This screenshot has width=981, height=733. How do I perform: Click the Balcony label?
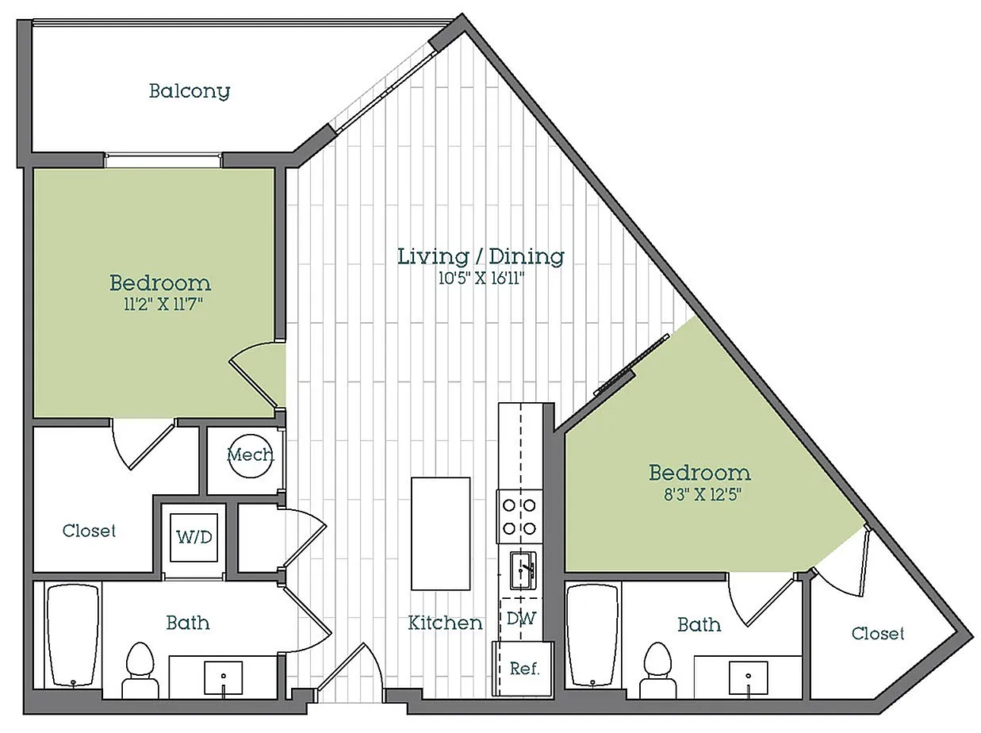point(190,91)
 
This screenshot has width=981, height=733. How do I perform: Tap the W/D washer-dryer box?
point(194,537)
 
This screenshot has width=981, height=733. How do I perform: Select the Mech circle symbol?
point(251,456)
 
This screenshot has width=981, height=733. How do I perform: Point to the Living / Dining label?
point(481,256)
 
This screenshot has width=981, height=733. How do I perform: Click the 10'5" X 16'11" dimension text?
point(481,278)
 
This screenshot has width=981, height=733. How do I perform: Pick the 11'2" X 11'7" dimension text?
point(163,305)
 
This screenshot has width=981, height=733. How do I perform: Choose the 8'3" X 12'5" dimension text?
point(702,495)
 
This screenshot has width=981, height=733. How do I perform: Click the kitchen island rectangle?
point(441,534)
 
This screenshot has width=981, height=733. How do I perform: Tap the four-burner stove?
point(519,517)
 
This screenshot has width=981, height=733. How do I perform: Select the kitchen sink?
point(523,570)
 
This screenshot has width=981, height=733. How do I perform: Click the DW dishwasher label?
point(521,618)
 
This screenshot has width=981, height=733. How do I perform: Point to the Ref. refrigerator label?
point(525,669)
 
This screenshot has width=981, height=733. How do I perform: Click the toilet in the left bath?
point(140,670)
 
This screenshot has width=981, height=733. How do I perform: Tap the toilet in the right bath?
point(658,670)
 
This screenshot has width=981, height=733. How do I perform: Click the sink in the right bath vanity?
point(749,678)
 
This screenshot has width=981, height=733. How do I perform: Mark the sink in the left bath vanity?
point(224,678)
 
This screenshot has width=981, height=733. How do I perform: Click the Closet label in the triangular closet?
point(878,633)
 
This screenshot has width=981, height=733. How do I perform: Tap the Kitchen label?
point(445,623)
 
